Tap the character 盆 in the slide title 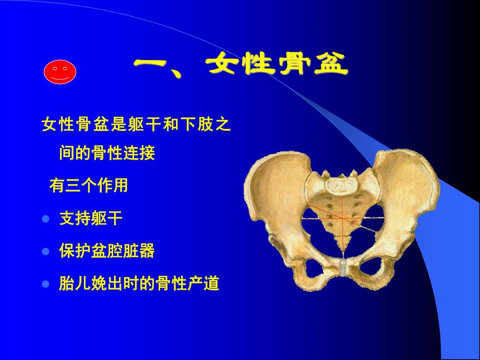pos(328,66)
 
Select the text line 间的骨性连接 pos(106,154)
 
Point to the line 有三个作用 pos(88,186)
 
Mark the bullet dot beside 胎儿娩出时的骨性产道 pos(45,284)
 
